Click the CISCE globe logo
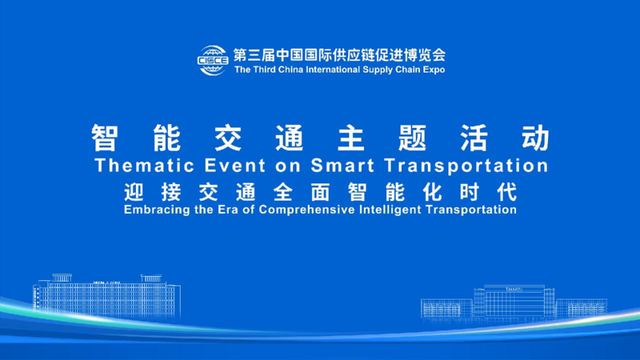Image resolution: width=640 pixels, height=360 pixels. tap(212, 59)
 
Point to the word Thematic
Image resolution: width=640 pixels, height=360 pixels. tap(143, 166)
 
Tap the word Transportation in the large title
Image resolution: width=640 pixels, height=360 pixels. tap(466, 166)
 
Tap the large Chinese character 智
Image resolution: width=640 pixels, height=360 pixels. tap(107, 138)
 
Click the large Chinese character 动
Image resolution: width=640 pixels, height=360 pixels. tap(531, 138)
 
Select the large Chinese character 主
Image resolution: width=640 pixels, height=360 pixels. tap(350, 138)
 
